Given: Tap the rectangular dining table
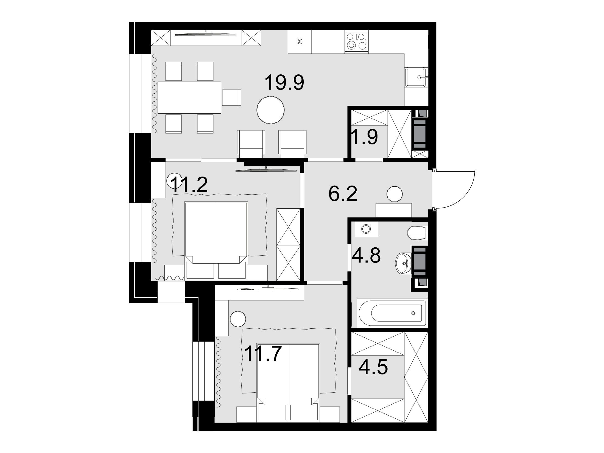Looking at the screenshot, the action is (189, 97).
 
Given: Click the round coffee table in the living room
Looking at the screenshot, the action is (270, 110).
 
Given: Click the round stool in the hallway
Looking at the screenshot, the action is (395, 194).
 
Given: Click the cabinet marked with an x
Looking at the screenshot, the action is (300, 42).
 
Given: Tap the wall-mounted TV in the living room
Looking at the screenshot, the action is (206, 34).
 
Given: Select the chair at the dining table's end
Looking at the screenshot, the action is (232, 97).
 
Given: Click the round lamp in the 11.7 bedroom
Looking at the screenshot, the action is (238, 319).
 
